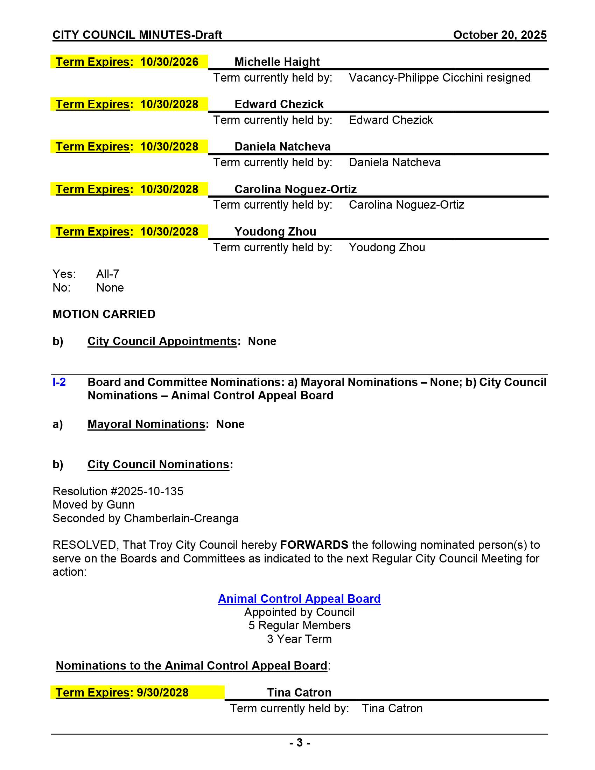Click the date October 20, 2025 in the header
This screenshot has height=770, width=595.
[x=499, y=35]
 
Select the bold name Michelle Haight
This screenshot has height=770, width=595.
[x=277, y=62]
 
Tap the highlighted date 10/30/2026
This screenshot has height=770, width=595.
[x=169, y=62]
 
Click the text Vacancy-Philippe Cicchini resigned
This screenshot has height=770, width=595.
[x=440, y=78]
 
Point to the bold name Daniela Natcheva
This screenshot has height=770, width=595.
[x=282, y=147]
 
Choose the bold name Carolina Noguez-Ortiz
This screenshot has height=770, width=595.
[x=295, y=189]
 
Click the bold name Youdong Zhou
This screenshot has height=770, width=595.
[x=275, y=232]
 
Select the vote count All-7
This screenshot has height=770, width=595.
[x=107, y=274]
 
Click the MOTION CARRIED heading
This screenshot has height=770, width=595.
[x=104, y=314]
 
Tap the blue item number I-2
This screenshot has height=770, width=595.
[x=59, y=382]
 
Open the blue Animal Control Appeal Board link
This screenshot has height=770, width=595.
[x=299, y=598]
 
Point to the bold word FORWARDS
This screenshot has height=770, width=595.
[x=314, y=545]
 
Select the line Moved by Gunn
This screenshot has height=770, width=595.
[x=93, y=504]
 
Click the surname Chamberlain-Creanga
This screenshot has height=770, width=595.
[x=181, y=518]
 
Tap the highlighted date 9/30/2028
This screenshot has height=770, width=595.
[x=162, y=692]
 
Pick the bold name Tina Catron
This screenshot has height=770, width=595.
[x=299, y=692]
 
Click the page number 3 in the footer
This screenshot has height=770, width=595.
[x=300, y=742]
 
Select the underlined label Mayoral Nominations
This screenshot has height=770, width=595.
[x=146, y=424]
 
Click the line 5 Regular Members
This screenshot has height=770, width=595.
[x=299, y=625]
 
